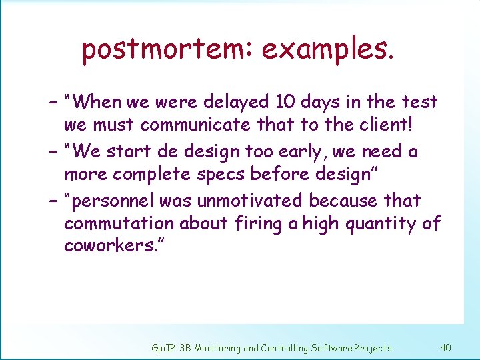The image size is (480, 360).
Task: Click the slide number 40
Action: [446, 347]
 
